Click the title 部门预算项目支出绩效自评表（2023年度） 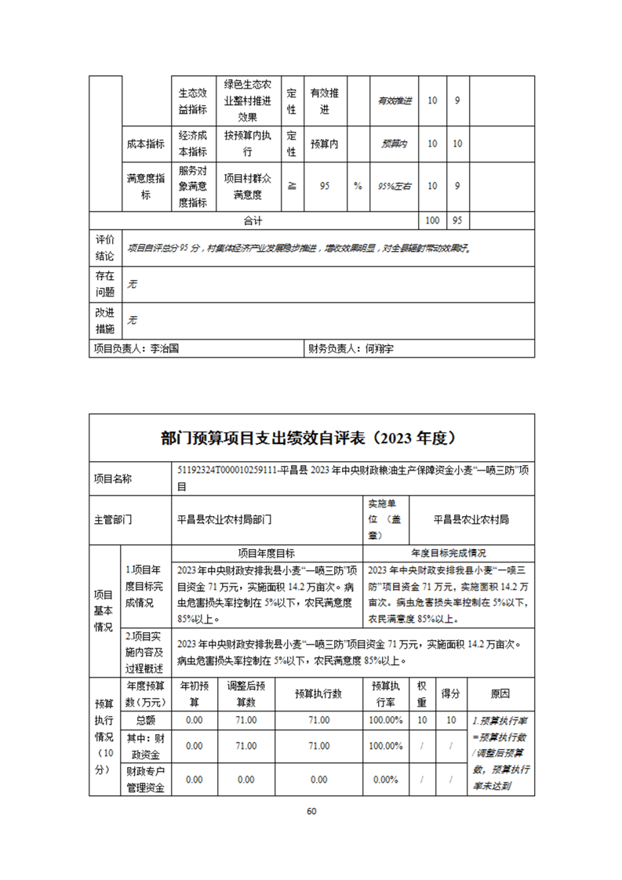point(311,437)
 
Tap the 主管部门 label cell point(111,519)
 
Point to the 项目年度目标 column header point(267,552)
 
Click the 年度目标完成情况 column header point(448,552)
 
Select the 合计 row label point(253,220)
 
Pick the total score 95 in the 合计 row point(458,220)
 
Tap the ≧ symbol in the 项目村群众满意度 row point(292,186)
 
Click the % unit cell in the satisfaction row point(358,186)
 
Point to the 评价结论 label point(105,247)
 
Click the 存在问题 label point(105,285)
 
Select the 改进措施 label point(105,320)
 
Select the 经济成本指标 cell point(192,144)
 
